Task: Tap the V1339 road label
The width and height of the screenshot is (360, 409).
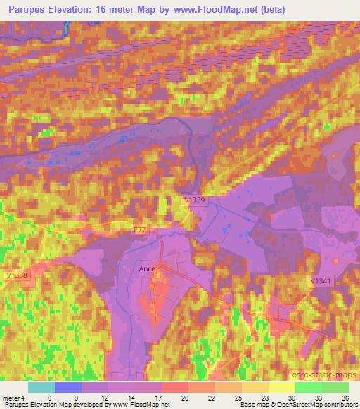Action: click(x=194, y=200)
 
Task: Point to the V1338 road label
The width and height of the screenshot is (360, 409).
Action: click(x=16, y=275)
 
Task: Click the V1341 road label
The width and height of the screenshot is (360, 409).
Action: click(x=321, y=280)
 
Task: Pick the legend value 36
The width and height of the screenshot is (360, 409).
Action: click(x=344, y=398)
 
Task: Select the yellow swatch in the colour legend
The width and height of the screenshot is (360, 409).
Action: click(x=281, y=387)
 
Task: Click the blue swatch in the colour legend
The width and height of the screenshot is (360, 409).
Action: click(x=68, y=387)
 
